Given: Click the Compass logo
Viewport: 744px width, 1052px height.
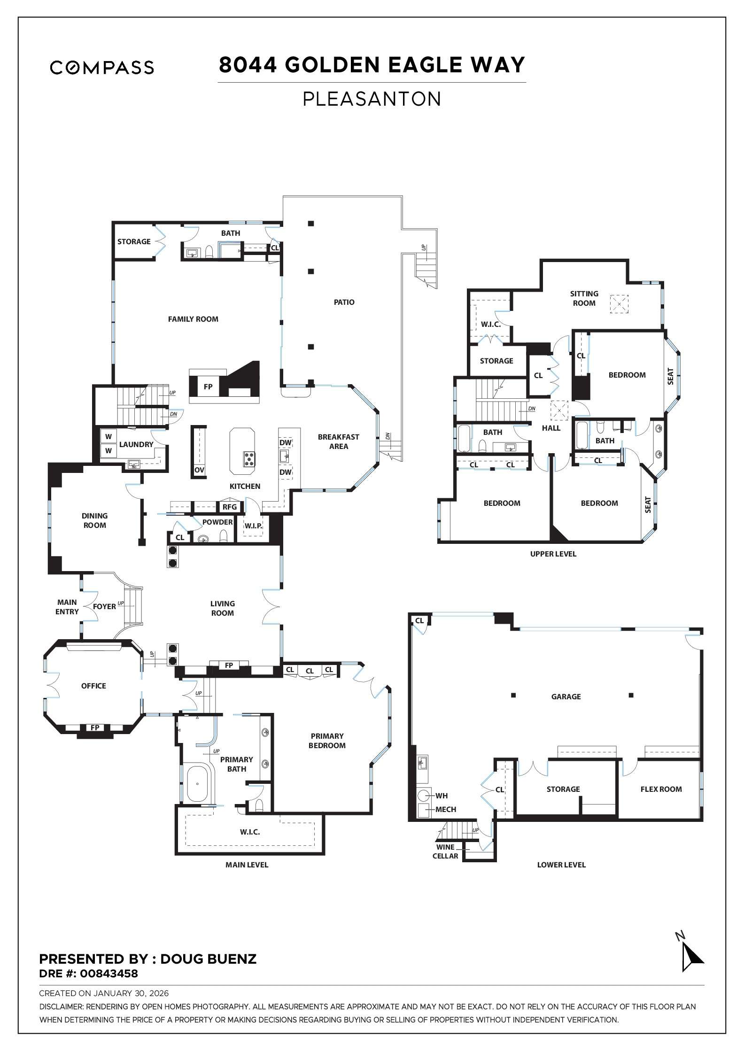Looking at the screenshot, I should (x=102, y=68).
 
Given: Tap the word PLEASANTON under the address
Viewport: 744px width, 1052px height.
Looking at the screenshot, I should (x=372, y=99).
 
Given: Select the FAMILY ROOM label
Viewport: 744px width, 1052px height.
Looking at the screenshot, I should (x=193, y=319).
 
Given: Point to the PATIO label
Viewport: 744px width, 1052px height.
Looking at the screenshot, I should (x=344, y=302).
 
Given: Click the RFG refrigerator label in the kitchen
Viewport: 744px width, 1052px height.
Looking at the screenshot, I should (x=230, y=507).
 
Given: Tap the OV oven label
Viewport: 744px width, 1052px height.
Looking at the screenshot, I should (x=199, y=470).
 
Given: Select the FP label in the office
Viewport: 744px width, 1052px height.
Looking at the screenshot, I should (x=95, y=727).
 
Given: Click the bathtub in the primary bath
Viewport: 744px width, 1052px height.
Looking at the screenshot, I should (x=197, y=784).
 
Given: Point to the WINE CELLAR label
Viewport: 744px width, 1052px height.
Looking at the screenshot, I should (x=445, y=851).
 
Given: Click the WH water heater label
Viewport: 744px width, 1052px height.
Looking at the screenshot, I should (x=442, y=796).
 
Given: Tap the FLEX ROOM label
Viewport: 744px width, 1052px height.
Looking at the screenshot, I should (x=660, y=789).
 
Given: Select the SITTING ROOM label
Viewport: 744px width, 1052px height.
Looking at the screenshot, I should (x=584, y=298).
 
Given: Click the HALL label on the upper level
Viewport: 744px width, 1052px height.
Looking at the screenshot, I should (x=551, y=428).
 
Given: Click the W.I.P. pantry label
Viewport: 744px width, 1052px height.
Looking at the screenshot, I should (x=253, y=526).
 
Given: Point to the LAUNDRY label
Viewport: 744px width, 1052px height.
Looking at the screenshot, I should (x=136, y=444).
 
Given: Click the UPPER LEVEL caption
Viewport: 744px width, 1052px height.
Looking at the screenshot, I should (x=553, y=554).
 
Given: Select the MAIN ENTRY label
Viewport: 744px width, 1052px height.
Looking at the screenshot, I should (x=67, y=607).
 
